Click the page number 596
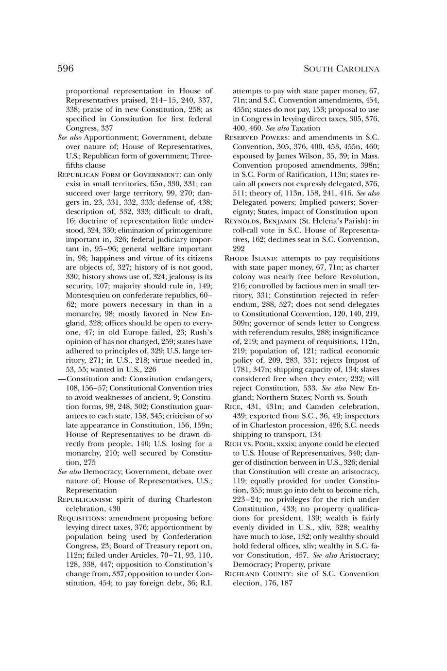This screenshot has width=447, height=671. [66, 69]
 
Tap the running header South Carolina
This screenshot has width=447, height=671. [341, 69]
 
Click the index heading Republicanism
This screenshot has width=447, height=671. [86, 499]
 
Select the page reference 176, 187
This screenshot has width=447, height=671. [276, 583]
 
